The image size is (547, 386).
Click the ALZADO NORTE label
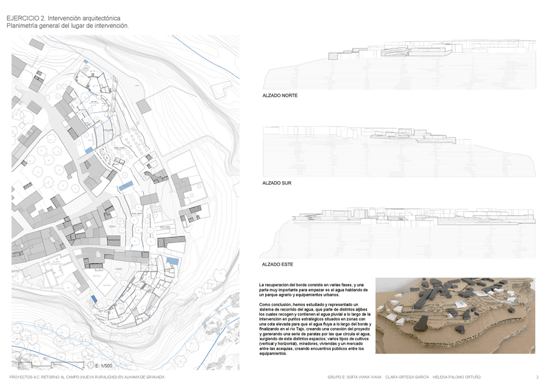280,95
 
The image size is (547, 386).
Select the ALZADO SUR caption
277,183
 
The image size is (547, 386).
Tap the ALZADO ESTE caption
278,265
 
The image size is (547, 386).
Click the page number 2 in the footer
537,377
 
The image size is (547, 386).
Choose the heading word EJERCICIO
23,19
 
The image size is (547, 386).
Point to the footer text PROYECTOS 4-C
26,377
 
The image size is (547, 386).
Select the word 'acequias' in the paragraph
284,349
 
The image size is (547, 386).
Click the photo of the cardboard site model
455,315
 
